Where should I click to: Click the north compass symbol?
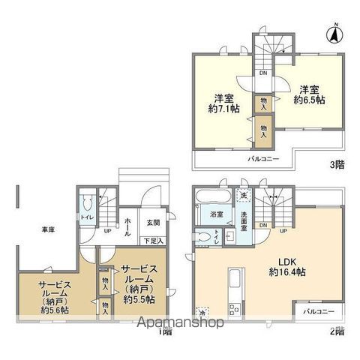[x=336, y=34]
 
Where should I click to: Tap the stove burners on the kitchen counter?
[x=232, y=307]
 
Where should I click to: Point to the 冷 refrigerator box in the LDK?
[x=202, y=311]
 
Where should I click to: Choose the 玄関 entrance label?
[x=153, y=222]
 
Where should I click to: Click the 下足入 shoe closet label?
[x=154, y=241]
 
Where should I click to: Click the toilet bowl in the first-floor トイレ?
[x=88, y=203]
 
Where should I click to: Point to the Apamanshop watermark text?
[x=179, y=324]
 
